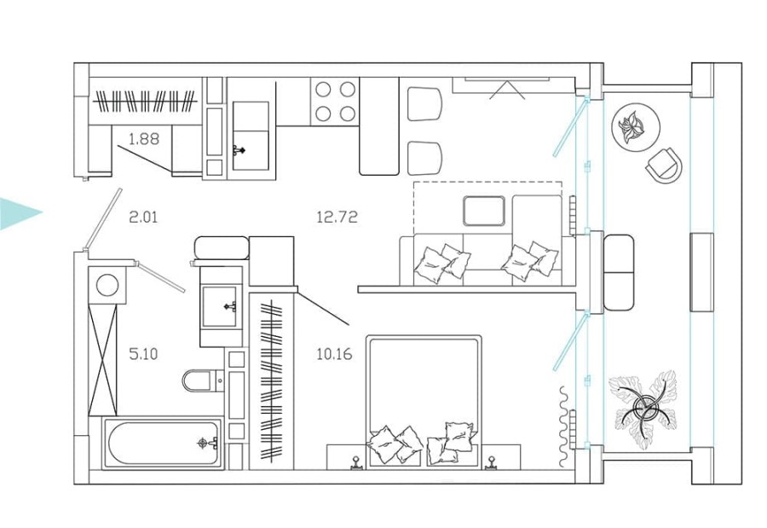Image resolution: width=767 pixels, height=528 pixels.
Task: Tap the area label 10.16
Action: (334, 353)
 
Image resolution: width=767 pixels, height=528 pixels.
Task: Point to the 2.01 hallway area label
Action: (143, 217)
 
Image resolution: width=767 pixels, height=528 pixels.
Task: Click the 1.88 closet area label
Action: (143, 138)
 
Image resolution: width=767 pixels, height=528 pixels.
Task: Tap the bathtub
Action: (162, 443)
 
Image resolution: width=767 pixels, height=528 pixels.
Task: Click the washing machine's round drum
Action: (107, 284)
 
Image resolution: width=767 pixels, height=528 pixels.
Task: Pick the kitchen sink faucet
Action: (239, 151)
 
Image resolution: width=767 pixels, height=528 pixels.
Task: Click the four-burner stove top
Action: (334, 101)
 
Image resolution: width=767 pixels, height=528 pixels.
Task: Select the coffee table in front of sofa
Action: (484, 210)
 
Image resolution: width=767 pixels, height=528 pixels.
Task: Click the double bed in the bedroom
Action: (424, 397)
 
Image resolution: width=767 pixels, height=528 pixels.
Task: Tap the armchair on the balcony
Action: (664, 164)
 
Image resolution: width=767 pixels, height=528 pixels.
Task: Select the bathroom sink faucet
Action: (228, 305)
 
